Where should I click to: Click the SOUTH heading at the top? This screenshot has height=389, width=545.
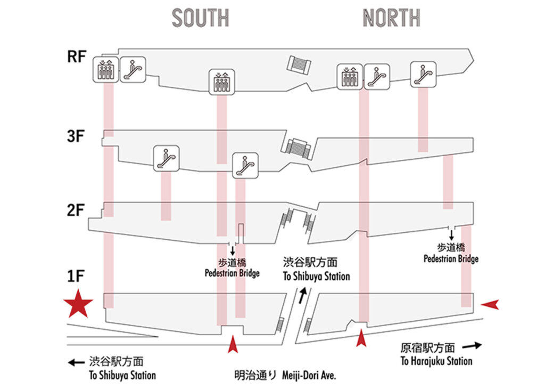tap(200, 18)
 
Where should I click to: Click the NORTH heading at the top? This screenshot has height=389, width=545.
tap(391, 18)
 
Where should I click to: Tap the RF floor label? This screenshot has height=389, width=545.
tap(77, 57)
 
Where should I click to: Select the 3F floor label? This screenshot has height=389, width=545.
tap(77, 136)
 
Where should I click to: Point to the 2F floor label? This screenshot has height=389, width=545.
tap(77, 209)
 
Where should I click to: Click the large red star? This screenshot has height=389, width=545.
tap(78, 305)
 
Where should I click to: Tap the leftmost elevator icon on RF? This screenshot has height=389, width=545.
tap(106, 70)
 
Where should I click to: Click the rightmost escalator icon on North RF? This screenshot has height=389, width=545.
tap(424, 74)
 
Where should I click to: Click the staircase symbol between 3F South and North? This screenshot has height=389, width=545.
tap(298, 147)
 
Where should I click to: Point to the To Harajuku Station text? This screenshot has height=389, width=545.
tap(436, 361)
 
